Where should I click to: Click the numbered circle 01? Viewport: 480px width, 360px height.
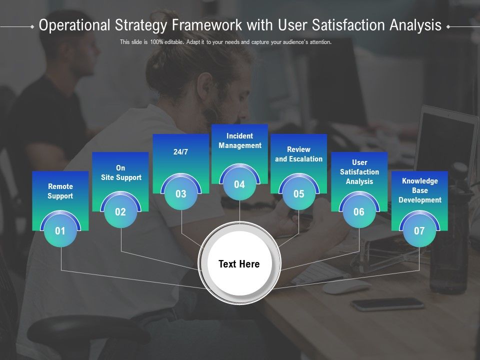click(x=60, y=231)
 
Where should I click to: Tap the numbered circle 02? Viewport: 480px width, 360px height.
click(x=120, y=212)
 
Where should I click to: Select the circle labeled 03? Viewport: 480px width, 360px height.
click(x=180, y=194)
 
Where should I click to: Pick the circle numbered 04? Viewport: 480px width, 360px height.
click(x=239, y=184)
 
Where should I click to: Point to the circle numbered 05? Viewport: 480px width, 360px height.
click(x=299, y=194)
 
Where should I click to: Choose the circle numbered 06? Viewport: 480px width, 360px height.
click(x=359, y=212)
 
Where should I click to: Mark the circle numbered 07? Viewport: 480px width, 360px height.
click(x=419, y=231)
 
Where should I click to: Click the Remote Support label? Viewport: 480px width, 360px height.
click(x=60, y=191)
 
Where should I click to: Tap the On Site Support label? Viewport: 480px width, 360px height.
click(x=121, y=172)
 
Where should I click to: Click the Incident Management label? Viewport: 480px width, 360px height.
click(x=240, y=140)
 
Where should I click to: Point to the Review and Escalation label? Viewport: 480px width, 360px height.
click(x=299, y=154)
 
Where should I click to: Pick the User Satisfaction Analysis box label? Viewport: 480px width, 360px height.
click(x=359, y=172)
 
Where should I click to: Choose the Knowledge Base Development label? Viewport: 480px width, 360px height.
click(x=420, y=190)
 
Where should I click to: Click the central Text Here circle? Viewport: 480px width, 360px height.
click(x=239, y=264)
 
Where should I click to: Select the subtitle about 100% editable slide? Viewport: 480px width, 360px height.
click(x=225, y=42)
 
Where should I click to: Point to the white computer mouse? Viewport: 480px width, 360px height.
click(x=345, y=286)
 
